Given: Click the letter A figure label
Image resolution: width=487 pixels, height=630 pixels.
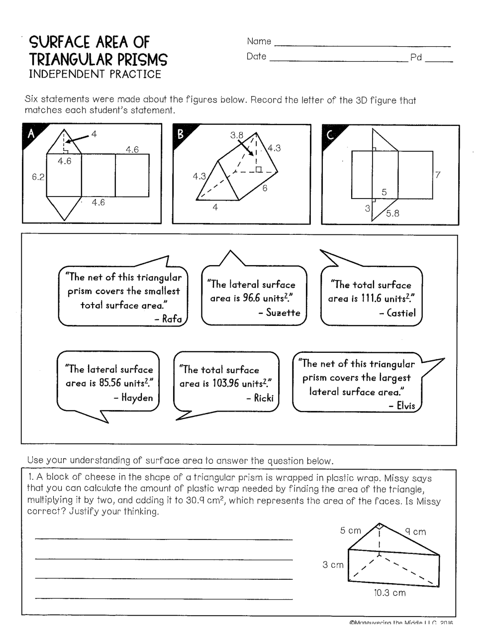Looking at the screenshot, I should pyautogui.click(x=31, y=133).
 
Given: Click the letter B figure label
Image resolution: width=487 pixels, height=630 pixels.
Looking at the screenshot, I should pyautogui.click(x=180, y=133).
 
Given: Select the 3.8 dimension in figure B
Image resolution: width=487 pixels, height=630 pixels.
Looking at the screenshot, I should pyautogui.click(x=237, y=135).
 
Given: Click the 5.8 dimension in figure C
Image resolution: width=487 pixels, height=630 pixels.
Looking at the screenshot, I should pyautogui.click(x=392, y=214).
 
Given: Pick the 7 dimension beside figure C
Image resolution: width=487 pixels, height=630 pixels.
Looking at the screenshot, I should pyautogui.click(x=438, y=175).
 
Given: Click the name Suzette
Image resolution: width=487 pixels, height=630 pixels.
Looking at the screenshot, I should pyautogui.click(x=283, y=313).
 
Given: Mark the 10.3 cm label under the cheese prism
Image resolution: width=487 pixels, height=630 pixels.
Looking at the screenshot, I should pyautogui.click(x=390, y=593).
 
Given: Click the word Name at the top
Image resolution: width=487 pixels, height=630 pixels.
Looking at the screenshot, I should pyautogui.click(x=259, y=41).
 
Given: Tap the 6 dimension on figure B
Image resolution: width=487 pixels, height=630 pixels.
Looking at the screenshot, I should pyautogui.click(x=265, y=188).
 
